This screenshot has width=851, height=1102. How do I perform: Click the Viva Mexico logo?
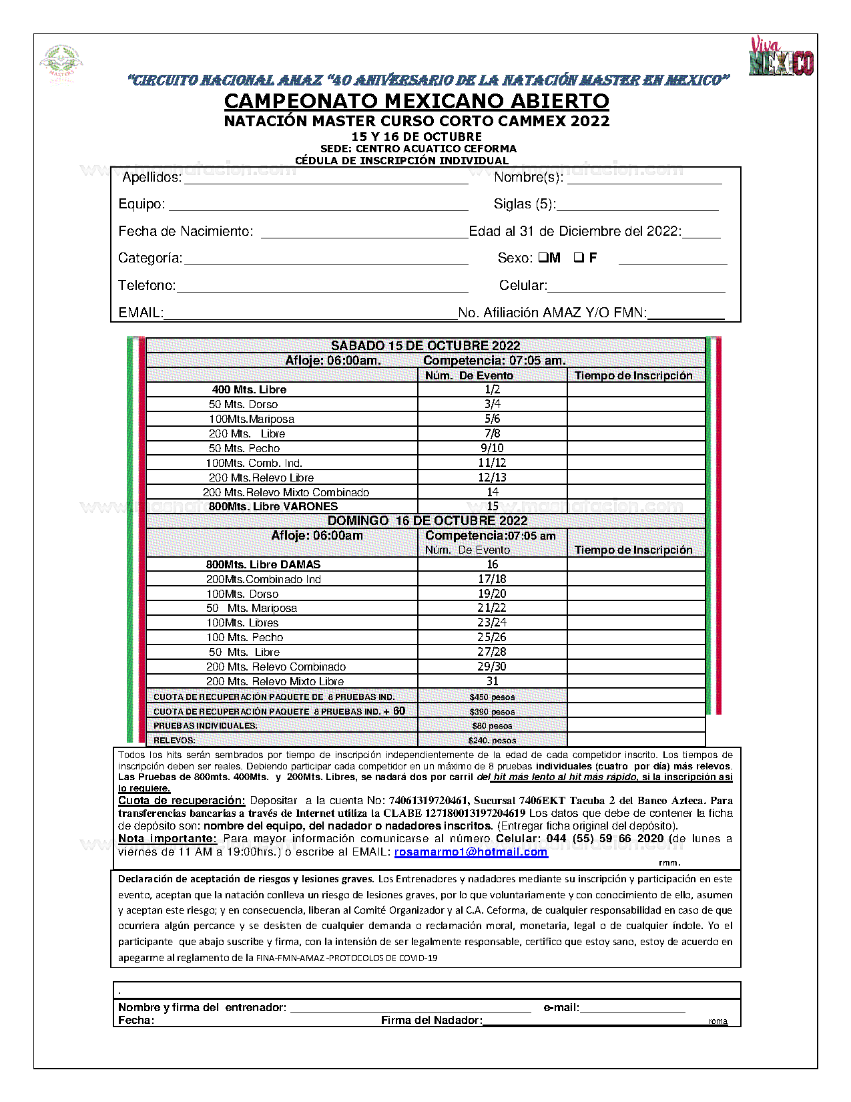point(780,56)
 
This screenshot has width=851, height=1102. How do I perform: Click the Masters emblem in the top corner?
point(61,63)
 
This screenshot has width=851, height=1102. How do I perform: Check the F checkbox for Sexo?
point(579,258)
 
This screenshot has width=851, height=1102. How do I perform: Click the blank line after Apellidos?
point(326,178)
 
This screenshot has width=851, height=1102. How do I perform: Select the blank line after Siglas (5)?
point(637,204)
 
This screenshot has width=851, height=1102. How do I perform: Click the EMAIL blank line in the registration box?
point(310,313)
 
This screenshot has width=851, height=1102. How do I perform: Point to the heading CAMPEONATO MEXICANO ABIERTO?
point(416,101)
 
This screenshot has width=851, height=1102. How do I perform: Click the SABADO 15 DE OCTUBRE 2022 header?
point(425,345)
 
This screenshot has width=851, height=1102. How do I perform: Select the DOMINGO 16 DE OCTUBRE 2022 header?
point(427,520)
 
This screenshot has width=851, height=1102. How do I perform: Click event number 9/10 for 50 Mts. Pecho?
point(492,448)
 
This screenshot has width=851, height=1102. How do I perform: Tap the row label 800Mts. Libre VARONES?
point(273,506)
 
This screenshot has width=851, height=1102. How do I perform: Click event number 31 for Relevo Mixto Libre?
point(492,681)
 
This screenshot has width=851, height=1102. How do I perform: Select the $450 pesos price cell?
point(492,697)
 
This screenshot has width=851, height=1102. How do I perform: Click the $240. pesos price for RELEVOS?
point(492,740)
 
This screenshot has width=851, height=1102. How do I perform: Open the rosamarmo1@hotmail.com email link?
point(471,852)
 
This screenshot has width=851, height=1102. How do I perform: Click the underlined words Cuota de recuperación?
point(182,800)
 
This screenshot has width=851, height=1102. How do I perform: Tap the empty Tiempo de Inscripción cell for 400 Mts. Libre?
point(636,389)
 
